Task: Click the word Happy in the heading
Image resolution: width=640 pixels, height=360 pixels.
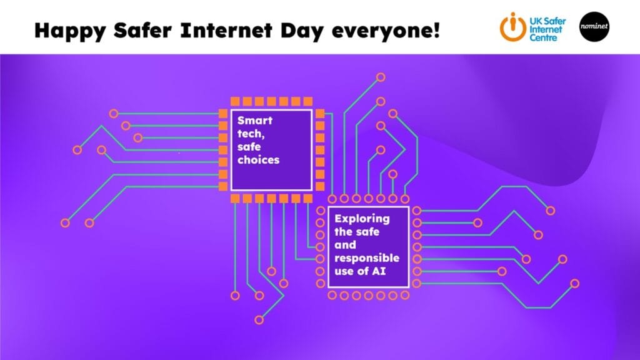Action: (70, 31)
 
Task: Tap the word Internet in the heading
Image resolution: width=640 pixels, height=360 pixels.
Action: (226, 31)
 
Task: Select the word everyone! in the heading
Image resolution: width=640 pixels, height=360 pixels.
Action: (386, 31)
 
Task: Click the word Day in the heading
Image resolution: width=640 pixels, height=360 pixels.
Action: (302, 31)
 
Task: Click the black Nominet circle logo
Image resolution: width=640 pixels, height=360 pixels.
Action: (594, 26)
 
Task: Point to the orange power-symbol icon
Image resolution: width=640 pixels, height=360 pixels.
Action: (513, 27)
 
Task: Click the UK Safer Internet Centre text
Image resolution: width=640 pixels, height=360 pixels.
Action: (547, 29)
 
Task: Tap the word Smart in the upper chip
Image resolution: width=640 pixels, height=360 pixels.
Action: (255, 121)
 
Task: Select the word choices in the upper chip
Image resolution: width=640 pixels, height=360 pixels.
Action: (258, 159)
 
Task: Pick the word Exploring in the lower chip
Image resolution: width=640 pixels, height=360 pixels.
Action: (362, 219)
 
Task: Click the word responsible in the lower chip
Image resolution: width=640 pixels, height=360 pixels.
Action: (367, 258)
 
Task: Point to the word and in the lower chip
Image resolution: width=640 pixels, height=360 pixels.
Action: (345, 245)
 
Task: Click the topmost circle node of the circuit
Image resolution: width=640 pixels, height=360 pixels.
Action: (381, 77)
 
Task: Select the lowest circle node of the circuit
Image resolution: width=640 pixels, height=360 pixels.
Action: (259, 320)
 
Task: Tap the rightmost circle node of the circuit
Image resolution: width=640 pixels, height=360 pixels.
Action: (575, 283)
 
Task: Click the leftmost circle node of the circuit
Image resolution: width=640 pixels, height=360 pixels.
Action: (65, 223)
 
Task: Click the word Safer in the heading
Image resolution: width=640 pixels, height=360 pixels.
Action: (142, 31)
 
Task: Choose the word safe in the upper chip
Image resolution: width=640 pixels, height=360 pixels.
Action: (249, 147)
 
